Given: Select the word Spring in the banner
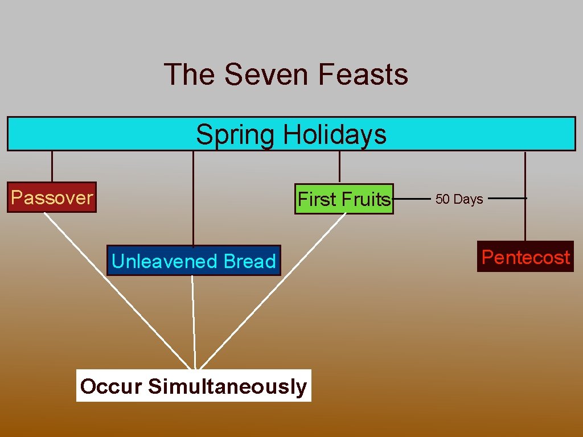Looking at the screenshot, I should [235, 135].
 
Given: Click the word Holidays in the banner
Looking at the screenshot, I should [335, 135].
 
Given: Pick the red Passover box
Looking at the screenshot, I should [52, 197].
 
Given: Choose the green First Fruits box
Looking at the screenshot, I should [344, 199].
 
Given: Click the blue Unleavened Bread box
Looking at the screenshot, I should [194, 261].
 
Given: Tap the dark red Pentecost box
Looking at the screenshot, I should [525, 257].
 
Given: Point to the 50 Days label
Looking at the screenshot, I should [459, 199].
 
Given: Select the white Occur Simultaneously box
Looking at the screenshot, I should [194, 386].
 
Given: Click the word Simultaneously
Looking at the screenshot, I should [227, 386].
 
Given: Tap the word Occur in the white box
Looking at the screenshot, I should [111, 386].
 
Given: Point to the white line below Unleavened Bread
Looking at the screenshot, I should [194, 321].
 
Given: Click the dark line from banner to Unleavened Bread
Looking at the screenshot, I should [193, 199].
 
